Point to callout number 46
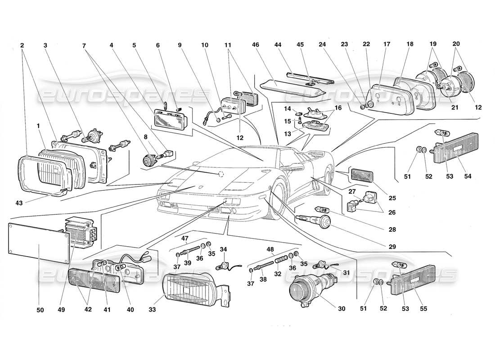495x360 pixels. point(255,45)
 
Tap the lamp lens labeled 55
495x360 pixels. point(414,279)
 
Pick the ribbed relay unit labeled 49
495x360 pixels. point(81,232)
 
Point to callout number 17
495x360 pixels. point(387,45)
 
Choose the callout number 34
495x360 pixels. point(224,249)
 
